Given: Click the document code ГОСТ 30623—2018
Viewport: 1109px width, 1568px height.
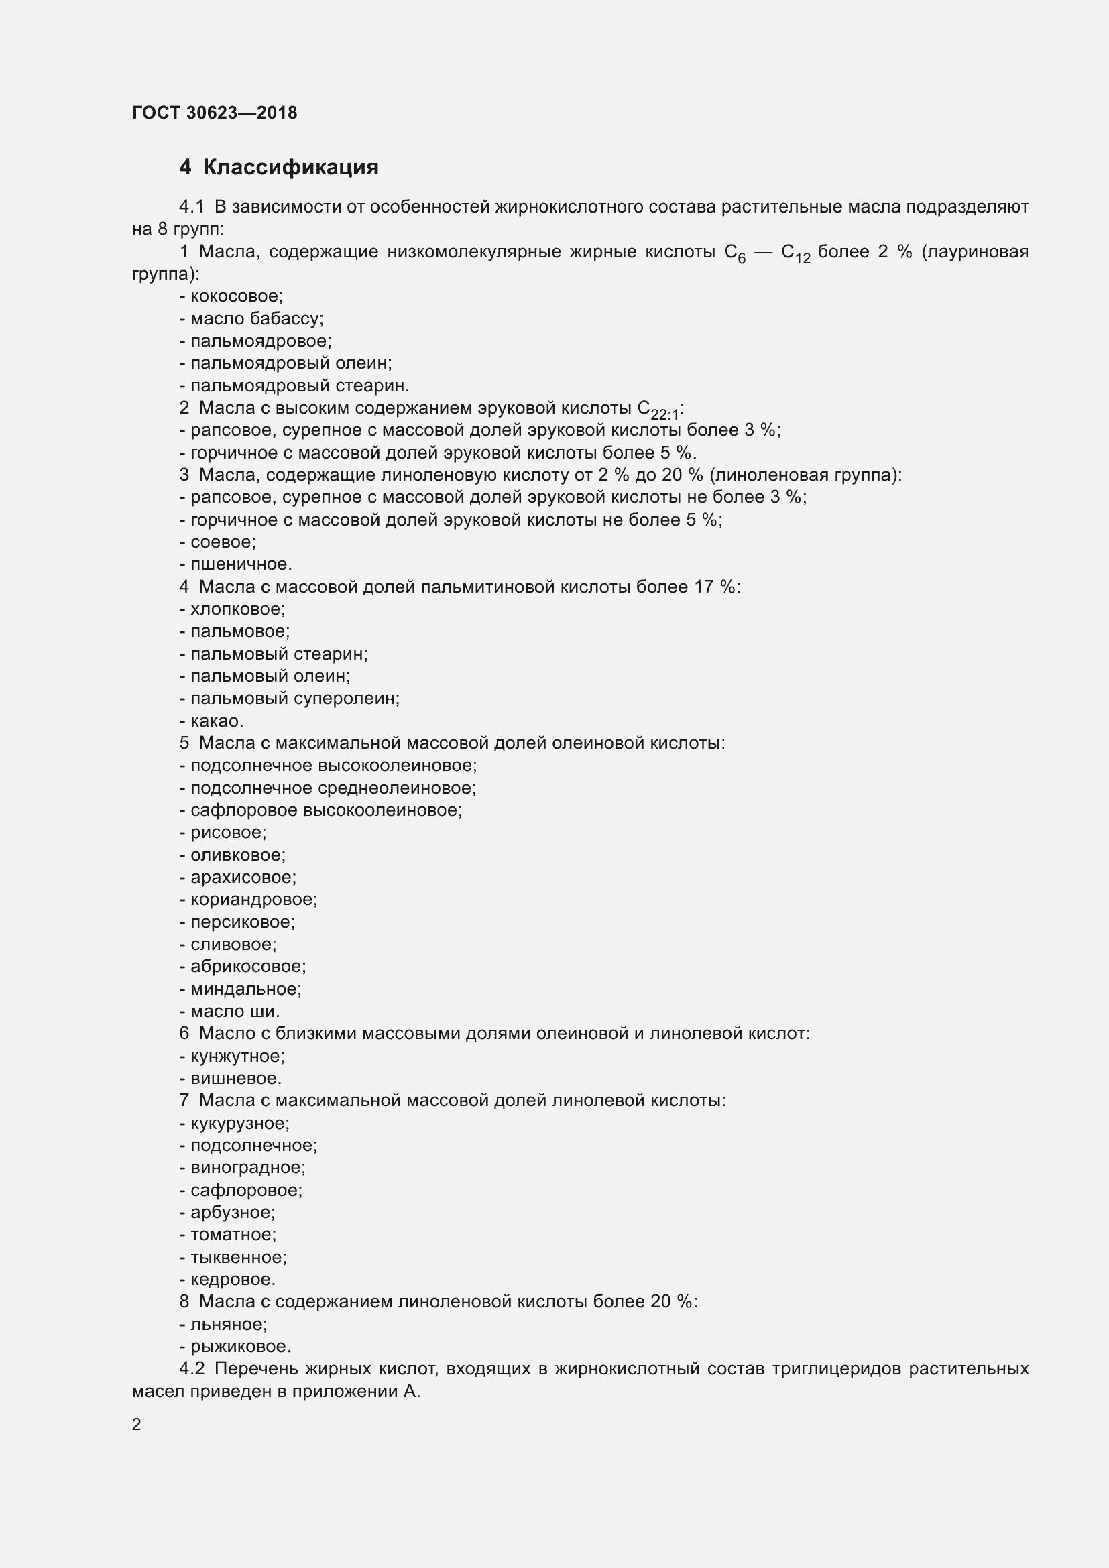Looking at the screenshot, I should (x=215, y=113).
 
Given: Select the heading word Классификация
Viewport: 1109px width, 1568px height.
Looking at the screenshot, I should (x=290, y=168).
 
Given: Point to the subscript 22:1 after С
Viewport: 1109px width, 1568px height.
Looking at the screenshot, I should (x=665, y=414).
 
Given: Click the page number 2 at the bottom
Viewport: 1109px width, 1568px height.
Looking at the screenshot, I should (x=137, y=1425).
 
